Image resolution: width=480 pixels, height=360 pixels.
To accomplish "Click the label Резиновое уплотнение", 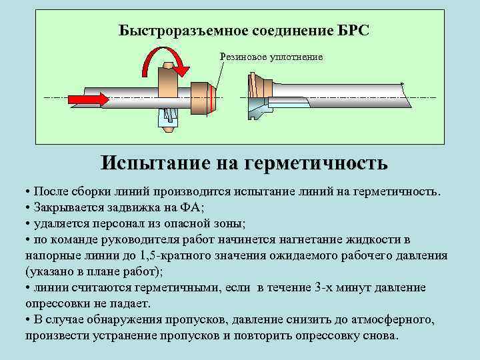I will point(271,57).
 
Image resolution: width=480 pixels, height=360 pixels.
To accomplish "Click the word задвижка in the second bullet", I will point(133,207).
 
